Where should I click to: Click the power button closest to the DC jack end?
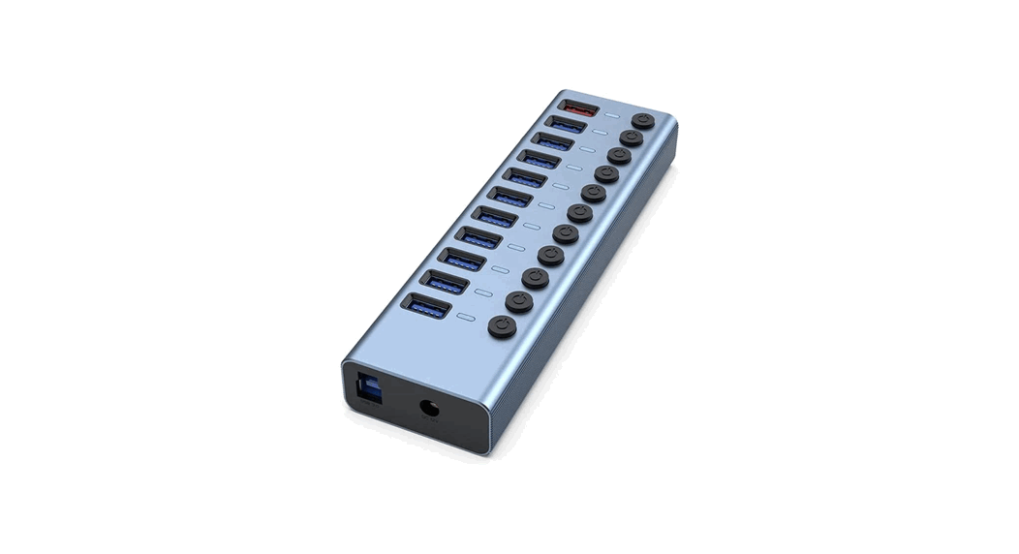(x=502, y=326)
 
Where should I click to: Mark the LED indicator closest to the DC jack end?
(x=466, y=317)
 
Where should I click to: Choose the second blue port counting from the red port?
(x=552, y=142)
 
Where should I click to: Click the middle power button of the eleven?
(x=580, y=213)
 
